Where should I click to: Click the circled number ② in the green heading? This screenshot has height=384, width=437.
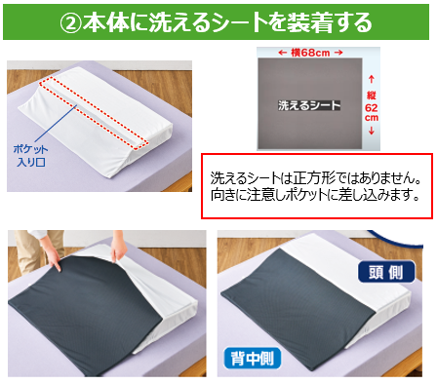pos(71,23)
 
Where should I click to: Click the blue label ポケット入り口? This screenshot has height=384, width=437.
pos(30,155)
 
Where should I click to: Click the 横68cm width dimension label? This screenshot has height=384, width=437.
pos(310,53)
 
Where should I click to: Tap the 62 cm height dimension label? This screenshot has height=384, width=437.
pos(372,112)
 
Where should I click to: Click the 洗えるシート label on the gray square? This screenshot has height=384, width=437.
pos(309,105)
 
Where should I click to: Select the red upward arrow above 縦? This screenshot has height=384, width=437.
pos(372,79)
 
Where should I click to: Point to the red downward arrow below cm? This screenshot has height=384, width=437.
pos(372,131)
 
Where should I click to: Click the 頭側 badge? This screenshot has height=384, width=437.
pos(386,272)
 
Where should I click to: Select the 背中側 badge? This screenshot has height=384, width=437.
pos(253,359)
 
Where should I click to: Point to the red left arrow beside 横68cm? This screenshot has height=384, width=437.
pos(282,53)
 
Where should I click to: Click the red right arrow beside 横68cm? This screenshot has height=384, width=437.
pos(338,53)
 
